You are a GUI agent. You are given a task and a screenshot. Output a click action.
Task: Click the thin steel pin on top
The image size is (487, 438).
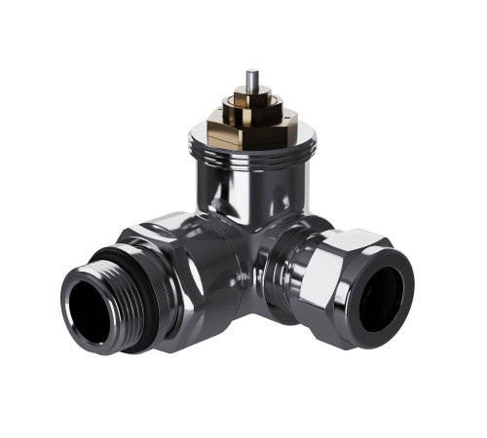coord(252,82)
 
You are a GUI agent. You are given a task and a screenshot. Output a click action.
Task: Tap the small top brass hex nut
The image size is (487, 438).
coord(251,100)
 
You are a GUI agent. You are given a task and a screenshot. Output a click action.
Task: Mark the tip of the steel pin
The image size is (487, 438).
coord(252,72)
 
